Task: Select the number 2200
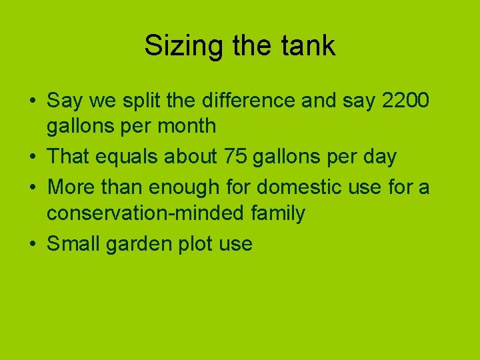coord(406,101)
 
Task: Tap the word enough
coord(184,187)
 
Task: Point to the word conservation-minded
coord(147,213)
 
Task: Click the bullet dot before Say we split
coord(32,101)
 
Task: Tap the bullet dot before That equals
coord(32,157)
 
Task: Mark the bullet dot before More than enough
coord(32,187)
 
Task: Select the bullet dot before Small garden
coord(32,244)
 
